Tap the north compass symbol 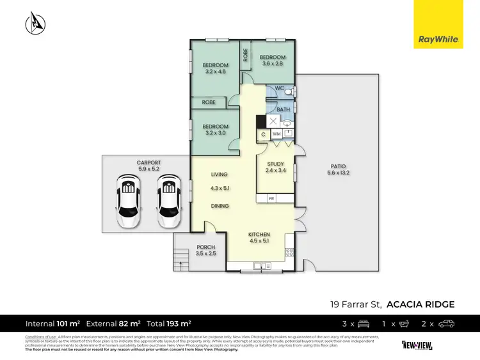(x=35, y=24)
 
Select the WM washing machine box (x=276, y=134)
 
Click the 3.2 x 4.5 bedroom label (x=215, y=68)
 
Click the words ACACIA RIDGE (x=421, y=304)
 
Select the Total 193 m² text (x=170, y=324)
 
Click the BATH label (x=283, y=110)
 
